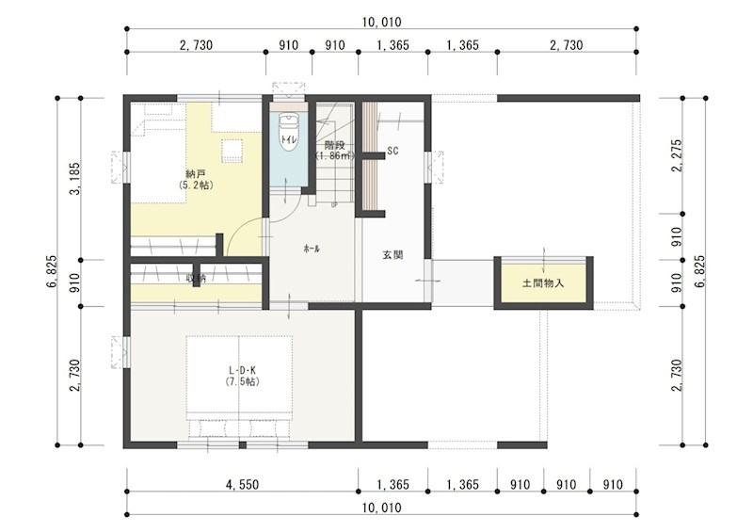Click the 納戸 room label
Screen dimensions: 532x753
pos(196,173)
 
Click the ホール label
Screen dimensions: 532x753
pos(312,249)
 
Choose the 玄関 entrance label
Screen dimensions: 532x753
pos(393,254)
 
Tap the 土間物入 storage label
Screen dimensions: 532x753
pos(543,282)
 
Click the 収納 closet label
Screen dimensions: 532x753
pos(195,278)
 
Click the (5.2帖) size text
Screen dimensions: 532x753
pos(196,185)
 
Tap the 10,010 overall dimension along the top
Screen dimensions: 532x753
pos(381,22)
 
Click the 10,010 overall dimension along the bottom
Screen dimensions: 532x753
pos(381,508)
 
